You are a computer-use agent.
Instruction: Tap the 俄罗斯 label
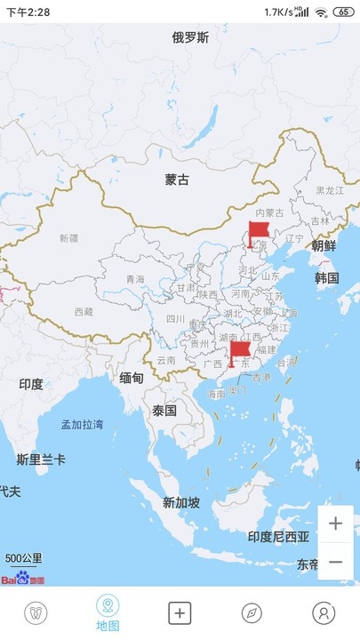[x=191, y=37]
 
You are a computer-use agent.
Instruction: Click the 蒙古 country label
[x=177, y=180]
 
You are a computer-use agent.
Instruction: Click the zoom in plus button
[x=335, y=524]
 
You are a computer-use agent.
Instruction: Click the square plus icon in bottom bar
[x=180, y=612]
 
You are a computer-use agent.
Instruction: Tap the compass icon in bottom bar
[x=252, y=612]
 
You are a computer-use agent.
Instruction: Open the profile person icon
[x=324, y=612]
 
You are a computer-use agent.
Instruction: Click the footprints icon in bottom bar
[x=36, y=612]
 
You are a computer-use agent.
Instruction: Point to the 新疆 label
[x=68, y=238]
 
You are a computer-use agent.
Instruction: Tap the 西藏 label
[x=83, y=312]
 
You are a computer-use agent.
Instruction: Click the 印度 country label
[x=31, y=384]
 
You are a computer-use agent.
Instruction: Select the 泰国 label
[x=164, y=411]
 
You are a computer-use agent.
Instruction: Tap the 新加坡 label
[x=181, y=502]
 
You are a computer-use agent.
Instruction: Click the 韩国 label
[x=327, y=277]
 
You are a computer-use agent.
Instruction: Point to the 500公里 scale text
[x=23, y=558]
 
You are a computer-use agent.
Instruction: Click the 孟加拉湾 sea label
[x=82, y=424]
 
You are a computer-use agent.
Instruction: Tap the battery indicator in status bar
[x=343, y=12]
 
